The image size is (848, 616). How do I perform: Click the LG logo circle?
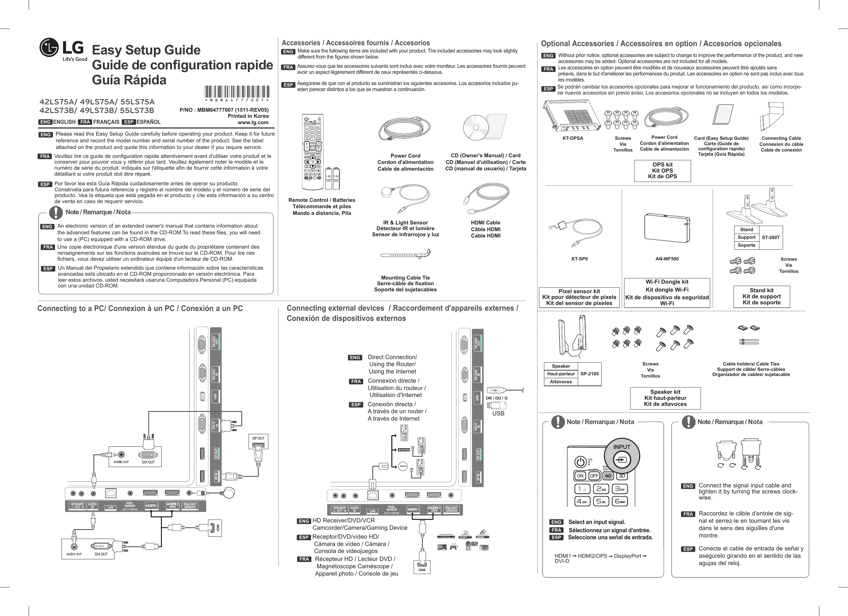click(x=49, y=48)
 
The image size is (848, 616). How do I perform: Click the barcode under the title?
click(x=237, y=92)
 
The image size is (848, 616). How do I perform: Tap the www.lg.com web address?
click(x=253, y=122)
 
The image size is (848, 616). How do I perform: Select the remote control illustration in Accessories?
click(x=313, y=152)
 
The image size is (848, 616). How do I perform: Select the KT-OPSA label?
click(x=572, y=138)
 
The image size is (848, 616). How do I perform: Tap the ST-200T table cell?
click(x=770, y=237)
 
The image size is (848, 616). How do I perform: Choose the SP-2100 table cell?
click(x=589, y=373)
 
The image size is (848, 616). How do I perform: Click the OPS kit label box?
click(x=662, y=171)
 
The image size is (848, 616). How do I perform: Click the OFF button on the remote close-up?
click(x=594, y=476)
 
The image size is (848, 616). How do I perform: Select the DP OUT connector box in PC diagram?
click(x=258, y=442)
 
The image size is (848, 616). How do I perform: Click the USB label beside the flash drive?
click(x=498, y=414)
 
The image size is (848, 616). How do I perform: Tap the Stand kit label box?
click(x=761, y=296)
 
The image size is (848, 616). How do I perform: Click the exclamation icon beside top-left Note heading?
click(x=56, y=212)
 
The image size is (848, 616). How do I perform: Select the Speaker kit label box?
click(x=665, y=398)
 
